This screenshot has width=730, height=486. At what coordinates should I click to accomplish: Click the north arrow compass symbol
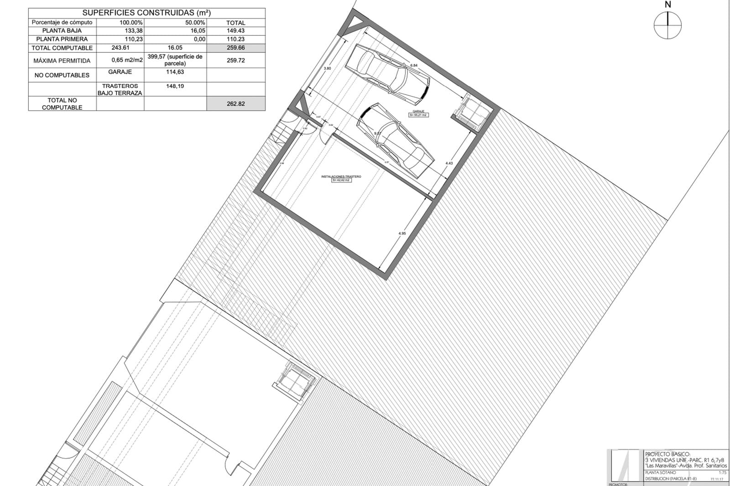click(x=667, y=25)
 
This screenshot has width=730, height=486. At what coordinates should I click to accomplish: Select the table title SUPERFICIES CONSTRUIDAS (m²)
click(x=146, y=13)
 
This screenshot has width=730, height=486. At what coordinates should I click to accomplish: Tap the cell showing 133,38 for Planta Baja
click(x=120, y=31)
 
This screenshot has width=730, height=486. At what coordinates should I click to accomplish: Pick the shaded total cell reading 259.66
click(x=235, y=47)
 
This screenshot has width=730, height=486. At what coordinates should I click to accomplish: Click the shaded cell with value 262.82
click(x=235, y=103)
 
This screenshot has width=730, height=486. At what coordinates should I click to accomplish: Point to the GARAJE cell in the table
click(x=120, y=72)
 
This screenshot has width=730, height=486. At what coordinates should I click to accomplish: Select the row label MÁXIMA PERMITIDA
click(x=62, y=60)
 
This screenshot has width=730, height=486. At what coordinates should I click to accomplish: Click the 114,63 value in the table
click(x=175, y=72)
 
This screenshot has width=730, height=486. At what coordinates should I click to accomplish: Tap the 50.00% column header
click(x=194, y=22)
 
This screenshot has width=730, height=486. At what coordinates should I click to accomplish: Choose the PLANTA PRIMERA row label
click(x=62, y=39)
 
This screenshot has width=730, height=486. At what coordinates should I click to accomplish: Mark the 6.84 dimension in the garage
click(x=414, y=66)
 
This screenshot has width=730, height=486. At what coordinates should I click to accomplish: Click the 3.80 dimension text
click(x=327, y=68)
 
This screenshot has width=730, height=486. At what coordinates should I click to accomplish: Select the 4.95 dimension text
click(x=402, y=233)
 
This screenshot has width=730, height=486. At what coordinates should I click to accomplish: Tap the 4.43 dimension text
click(x=449, y=163)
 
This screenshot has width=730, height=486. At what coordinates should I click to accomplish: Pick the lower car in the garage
click(x=396, y=140)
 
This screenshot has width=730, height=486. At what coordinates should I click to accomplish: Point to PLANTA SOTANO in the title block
click(x=661, y=473)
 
